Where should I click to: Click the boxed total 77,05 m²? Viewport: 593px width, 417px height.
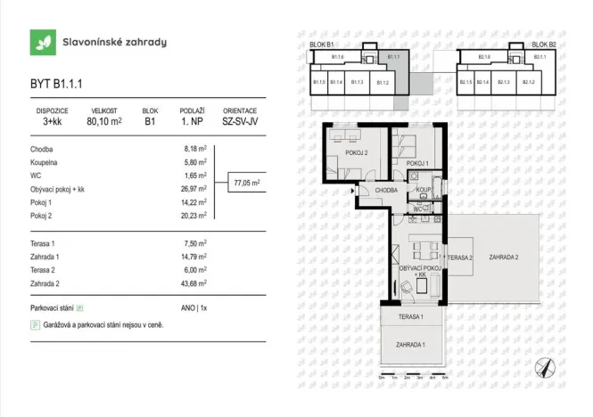pyautogui.click(x=246, y=183)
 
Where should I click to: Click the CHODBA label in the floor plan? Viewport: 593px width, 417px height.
pyautogui.click(x=385, y=190)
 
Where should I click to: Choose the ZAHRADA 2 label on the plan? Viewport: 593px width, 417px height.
pyautogui.click(x=504, y=258)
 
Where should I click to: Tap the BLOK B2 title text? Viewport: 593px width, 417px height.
pyautogui.click(x=544, y=44)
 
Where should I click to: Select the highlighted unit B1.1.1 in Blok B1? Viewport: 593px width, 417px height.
pyautogui.click(x=392, y=58)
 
